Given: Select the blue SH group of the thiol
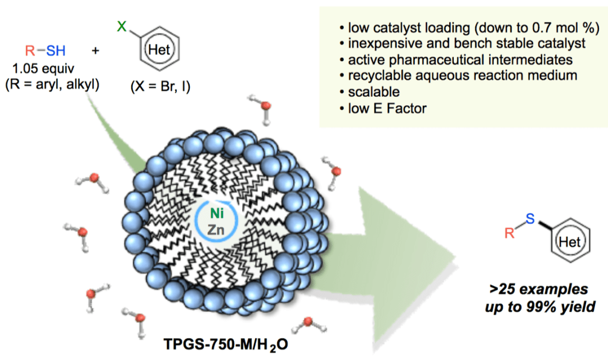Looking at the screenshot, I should pyautogui.click(x=56, y=51).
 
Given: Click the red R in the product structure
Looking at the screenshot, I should pyautogui.click(x=509, y=233).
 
